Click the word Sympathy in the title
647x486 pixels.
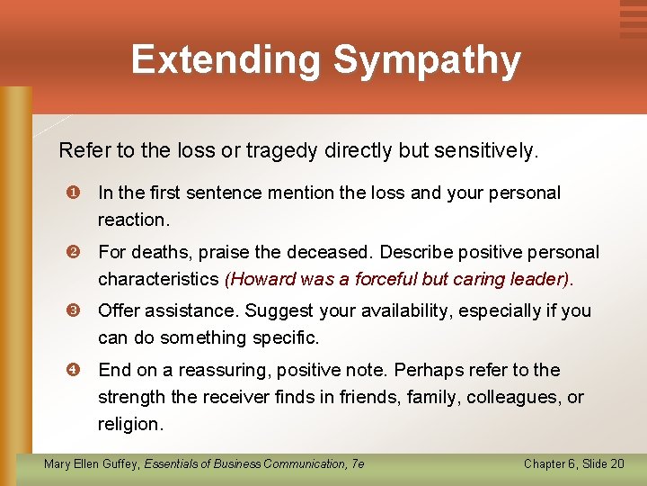point(426,60)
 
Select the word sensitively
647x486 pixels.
point(485,150)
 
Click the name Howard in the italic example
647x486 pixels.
point(260,279)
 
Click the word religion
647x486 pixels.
point(130,423)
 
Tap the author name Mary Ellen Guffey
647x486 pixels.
point(91,463)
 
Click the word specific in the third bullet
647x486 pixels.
point(288,337)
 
